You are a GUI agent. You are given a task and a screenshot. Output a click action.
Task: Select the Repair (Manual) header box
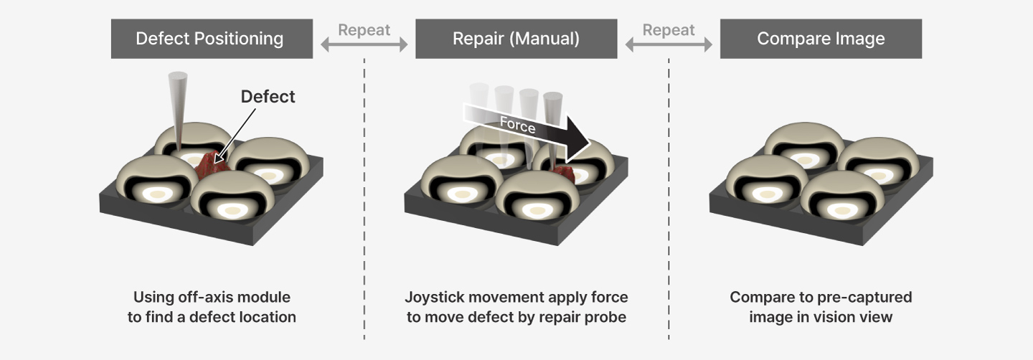(516, 39)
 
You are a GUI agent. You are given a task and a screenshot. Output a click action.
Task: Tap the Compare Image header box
(821, 39)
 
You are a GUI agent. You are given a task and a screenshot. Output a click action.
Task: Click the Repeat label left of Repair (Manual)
(364, 30)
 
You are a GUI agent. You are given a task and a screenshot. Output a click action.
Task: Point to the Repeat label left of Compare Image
(669, 30)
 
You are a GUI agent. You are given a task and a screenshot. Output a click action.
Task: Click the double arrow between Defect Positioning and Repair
(364, 45)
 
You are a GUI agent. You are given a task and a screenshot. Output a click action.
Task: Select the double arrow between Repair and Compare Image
(669, 45)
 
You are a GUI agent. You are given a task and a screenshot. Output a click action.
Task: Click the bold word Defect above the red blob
(268, 97)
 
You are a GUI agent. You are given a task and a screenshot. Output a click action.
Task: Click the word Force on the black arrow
(517, 125)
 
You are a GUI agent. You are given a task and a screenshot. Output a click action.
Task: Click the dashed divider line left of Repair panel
(364, 201)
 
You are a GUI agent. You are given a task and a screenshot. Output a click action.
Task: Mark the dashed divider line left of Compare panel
(669, 201)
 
